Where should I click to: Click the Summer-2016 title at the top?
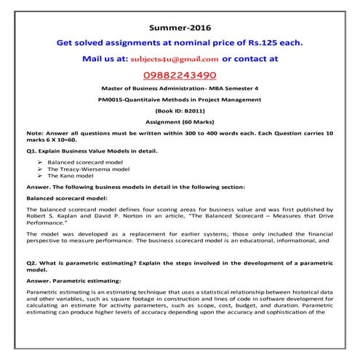pyautogui.click(x=180, y=25)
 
